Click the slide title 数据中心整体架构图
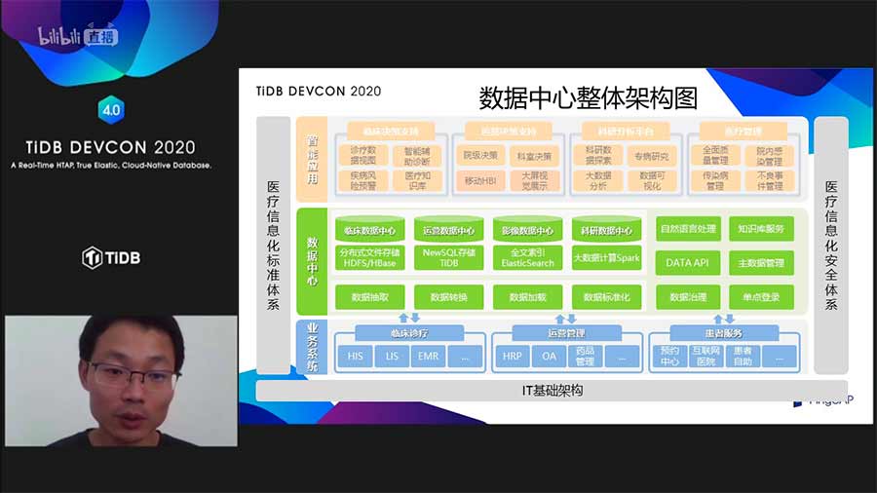(x=589, y=97)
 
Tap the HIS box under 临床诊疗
(x=355, y=357)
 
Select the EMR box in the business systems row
(x=428, y=357)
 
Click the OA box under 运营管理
(x=549, y=357)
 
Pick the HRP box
(x=512, y=357)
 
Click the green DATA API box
(x=687, y=262)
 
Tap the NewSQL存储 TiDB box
(x=449, y=257)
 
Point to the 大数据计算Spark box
(x=605, y=258)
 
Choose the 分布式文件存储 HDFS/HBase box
(x=369, y=257)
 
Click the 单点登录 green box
(x=761, y=296)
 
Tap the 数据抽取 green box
(x=369, y=296)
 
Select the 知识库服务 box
(x=761, y=230)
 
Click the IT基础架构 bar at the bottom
(x=552, y=391)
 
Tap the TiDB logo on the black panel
(x=110, y=257)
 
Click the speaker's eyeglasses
(x=128, y=376)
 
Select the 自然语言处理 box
(x=688, y=230)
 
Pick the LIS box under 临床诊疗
(x=392, y=357)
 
